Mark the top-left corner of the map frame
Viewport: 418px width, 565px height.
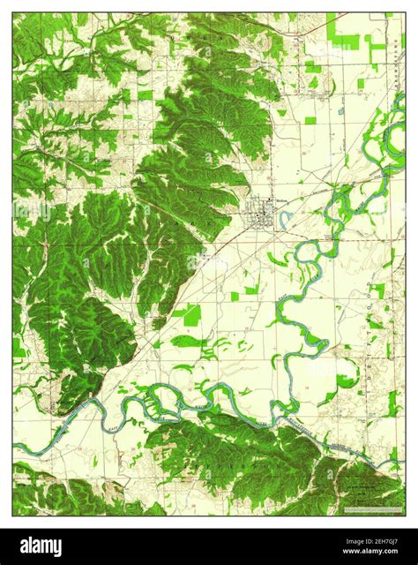point(13,12)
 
